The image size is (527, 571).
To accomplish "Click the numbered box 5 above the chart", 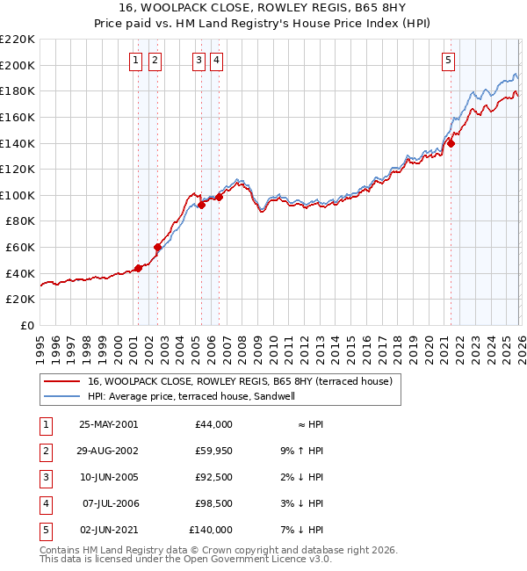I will point(449,61).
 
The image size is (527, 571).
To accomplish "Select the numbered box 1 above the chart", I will point(137,61).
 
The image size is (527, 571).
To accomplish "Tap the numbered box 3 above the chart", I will point(199,61).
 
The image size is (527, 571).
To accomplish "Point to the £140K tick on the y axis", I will point(19,142).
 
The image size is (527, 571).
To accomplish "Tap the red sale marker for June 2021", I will point(450,141).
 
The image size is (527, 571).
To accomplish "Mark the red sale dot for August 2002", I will point(157,247).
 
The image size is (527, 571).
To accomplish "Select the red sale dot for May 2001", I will point(138,268).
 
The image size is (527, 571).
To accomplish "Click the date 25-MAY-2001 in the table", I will point(108,424).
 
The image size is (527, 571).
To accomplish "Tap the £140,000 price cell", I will point(211,530).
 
